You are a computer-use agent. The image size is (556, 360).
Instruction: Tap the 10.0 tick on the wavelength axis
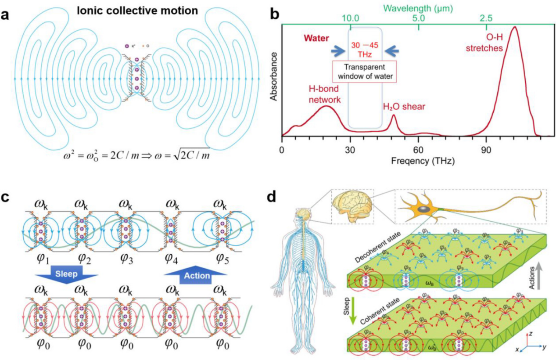tap(351, 18)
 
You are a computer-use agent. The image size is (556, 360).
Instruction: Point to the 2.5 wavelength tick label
tap(486, 18)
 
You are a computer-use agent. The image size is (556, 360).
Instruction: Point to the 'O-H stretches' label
tap(483, 43)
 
